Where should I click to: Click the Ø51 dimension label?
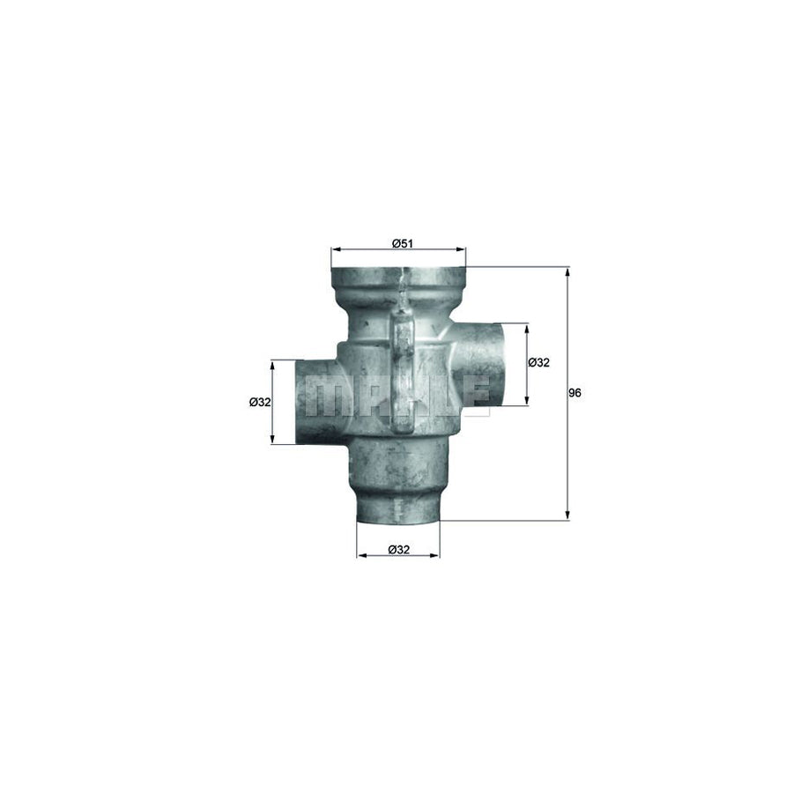pos(402,243)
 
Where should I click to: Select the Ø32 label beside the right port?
pos(538,362)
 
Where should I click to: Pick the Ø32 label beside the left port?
pos(260,402)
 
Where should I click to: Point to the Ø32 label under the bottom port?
pos(398,550)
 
